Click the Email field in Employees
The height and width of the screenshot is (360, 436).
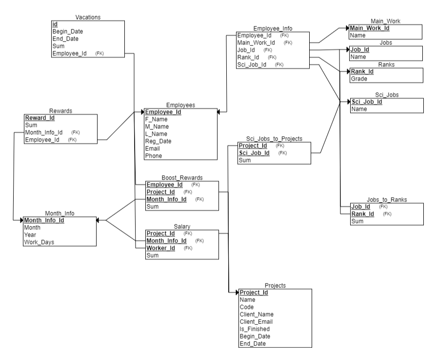point(153,149)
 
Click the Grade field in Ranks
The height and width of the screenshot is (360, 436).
point(359,79)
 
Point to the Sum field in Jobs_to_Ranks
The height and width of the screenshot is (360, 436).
point(357,221)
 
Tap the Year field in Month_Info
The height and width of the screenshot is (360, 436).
point(30,235)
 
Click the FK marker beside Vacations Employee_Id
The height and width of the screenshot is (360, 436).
point(99,54)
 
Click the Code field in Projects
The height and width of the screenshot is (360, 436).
point(247,307)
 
